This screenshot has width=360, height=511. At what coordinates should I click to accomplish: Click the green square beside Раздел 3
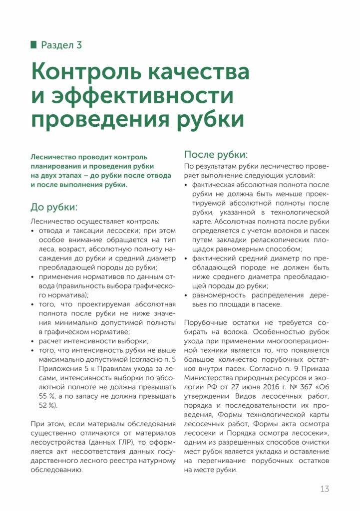[x=33, y=45]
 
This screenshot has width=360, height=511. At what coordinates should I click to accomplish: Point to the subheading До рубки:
[x=53, y=207]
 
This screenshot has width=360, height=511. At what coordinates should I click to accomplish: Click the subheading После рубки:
[x=216, y=154]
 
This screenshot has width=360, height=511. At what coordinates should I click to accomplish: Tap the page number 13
[x=325, y=489]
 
